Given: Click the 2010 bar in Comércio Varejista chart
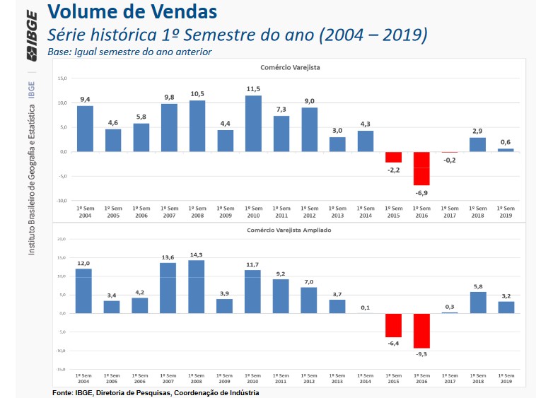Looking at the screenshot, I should point(253,124).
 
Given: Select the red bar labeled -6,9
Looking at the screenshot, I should point(421,168).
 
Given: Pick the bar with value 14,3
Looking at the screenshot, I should point(197,286).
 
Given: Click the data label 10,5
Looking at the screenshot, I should point(197,94).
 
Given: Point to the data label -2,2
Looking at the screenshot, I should point(393,170).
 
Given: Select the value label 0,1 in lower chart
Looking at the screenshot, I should point(366,307).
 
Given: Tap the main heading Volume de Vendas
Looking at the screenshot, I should point(132,12).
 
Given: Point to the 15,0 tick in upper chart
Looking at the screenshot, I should point(62,78).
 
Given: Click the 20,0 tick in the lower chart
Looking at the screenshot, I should point(62,240).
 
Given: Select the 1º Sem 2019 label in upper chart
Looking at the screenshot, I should point(505,211).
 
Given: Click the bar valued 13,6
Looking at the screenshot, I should point(168,288).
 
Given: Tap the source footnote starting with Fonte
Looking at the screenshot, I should point(156,392).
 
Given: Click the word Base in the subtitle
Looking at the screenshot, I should point(59,52).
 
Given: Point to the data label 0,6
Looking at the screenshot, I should point(505,142).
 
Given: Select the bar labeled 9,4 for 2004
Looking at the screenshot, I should point(85,129).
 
